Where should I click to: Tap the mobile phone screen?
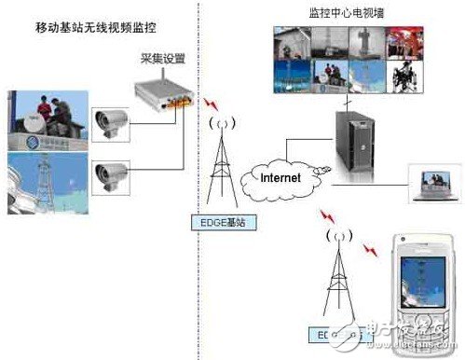(421, 279)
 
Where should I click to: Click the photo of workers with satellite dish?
(46, 120)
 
